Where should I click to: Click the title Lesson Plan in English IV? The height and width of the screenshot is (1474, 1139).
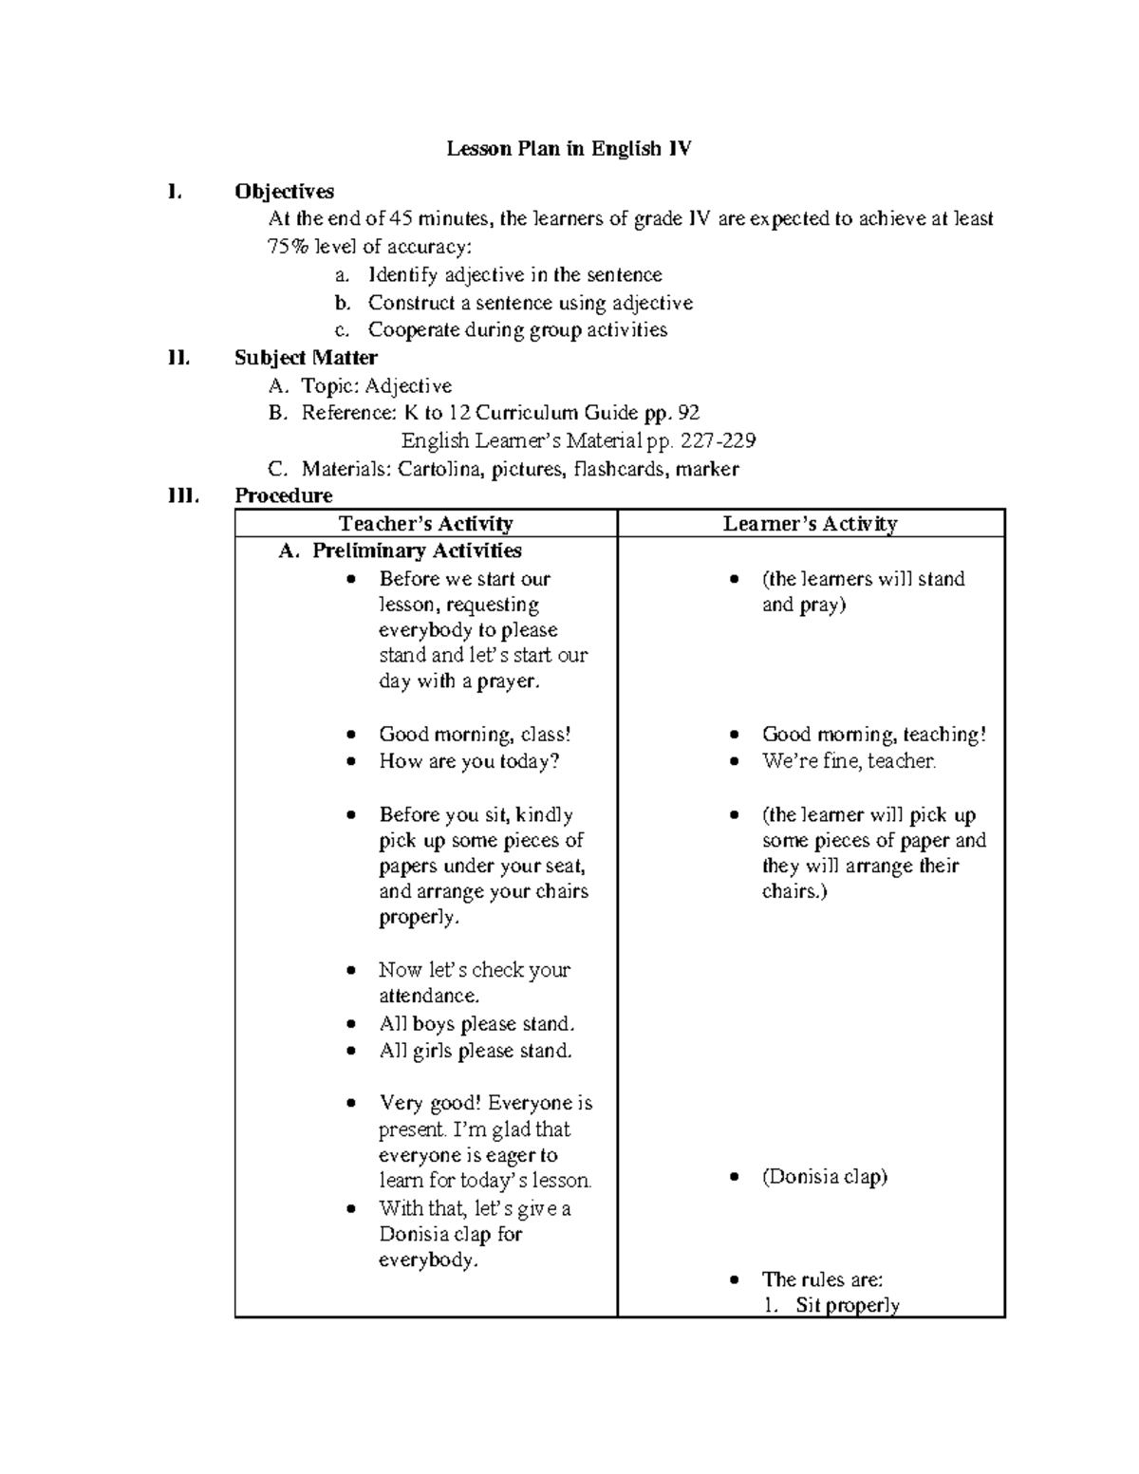[569, 149]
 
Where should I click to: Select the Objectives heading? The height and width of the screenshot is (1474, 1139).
[284, 192]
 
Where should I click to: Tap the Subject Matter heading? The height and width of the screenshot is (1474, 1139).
[306, 358]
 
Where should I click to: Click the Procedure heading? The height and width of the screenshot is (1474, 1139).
[283, 495]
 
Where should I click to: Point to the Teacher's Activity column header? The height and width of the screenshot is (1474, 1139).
[425, 524]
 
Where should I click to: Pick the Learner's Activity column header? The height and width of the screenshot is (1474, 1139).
[810, 524]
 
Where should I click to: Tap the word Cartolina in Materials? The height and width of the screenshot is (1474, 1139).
[439, 469]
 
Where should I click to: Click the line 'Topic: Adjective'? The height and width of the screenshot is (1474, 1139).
[376, 386]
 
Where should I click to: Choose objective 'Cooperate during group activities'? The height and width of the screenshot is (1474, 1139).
[517, 330]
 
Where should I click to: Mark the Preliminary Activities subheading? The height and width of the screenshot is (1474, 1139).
[417, 551]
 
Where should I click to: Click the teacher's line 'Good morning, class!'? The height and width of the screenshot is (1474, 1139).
[475, 735]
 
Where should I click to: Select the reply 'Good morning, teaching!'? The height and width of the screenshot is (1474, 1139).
[873, 735]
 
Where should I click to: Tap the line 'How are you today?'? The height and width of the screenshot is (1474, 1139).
[469, 761]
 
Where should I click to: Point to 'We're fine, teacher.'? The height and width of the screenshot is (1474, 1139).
[849, 761]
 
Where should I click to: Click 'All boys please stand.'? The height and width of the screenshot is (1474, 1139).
[476, 1024]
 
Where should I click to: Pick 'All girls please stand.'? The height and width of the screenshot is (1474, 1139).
[476, 1051]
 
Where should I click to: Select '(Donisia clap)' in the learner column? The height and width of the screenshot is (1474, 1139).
[824, 1177]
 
